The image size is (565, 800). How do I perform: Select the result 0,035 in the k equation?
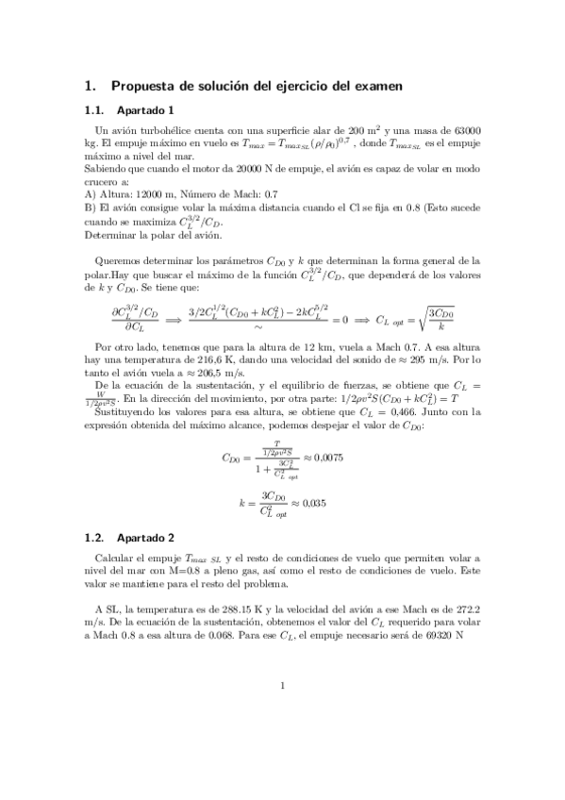click(309, 503)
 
